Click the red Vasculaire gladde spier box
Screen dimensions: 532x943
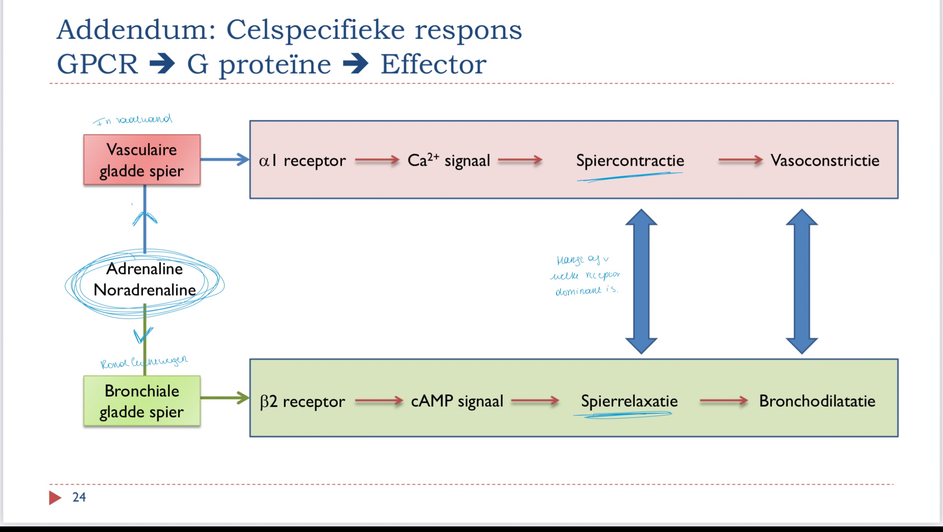(x=142, y=160)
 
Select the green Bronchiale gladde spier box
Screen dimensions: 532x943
(x=142, y=401)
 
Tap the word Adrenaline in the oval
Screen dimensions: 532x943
(x=145, y=269)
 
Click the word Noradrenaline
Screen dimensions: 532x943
(x=145, y=290)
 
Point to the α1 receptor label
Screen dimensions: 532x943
(x=302, y=161)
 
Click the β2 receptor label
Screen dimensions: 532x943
(x=302, y=401)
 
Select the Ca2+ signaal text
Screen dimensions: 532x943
(x=449, y=161)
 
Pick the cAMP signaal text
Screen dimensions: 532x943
(x=457, y=401)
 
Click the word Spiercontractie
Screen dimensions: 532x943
(x=630, y=161)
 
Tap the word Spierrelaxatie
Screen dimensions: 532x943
(x=629, y=401)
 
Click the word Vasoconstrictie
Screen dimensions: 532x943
(x=825, y=161)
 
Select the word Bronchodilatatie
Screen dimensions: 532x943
(x=817, y=401)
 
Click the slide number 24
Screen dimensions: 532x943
(x=79, y=497)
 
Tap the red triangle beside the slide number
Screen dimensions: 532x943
(x=55, y=498)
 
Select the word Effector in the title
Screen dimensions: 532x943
(x=434, y=64)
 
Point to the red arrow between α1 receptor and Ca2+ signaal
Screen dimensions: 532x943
(x=377, y=161)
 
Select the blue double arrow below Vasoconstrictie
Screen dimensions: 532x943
(x=802, y=281)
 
